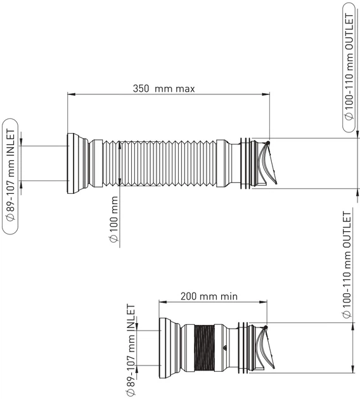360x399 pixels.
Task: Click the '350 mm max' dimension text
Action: click(x=164, y=89)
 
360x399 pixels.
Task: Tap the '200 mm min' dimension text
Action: click(x=209, y=296)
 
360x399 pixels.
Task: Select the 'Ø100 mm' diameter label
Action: click(x=114, y=219)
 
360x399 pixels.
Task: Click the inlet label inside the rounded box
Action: click(x=10, y=175)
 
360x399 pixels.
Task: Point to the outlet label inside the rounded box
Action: click(x=349, y=66)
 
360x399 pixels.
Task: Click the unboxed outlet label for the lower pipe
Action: click(x=347, y=265)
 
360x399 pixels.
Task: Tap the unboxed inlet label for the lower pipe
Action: click(x=131, y=350)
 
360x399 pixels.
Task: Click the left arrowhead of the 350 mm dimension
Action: click(x=71, y=94)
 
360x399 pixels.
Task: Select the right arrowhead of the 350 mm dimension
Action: click(x=266, y=94)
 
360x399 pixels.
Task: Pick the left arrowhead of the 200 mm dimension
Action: click(x=163, y=302)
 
